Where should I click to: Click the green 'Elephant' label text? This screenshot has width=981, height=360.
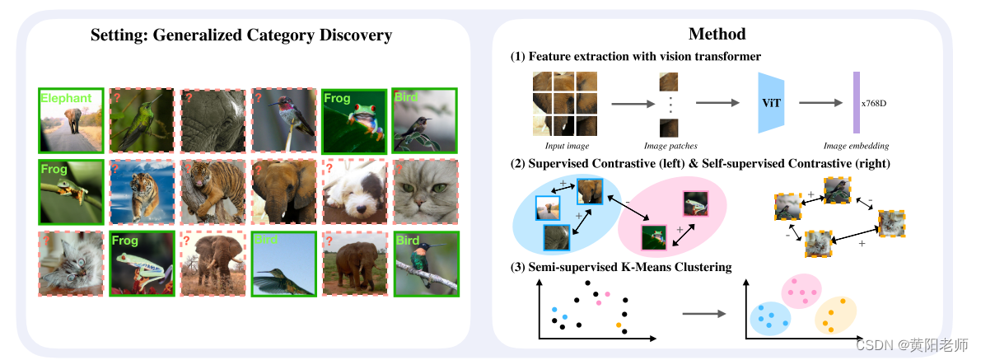pos(65,99)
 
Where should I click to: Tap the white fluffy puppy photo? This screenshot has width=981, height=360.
pos(354,192)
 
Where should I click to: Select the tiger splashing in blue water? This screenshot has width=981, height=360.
pos(142,192)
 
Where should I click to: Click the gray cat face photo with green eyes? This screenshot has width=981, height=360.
pos(425,192)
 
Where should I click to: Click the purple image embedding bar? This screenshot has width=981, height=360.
pos(856,103)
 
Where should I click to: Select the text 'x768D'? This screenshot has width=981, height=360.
pos(874,104)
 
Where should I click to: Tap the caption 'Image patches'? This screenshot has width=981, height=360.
pos(669,146)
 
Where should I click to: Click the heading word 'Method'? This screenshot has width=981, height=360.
pos(716,34)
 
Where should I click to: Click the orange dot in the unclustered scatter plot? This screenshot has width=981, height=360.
pos(618,325)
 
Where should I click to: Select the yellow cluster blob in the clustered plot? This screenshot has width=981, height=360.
pos(835,315)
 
